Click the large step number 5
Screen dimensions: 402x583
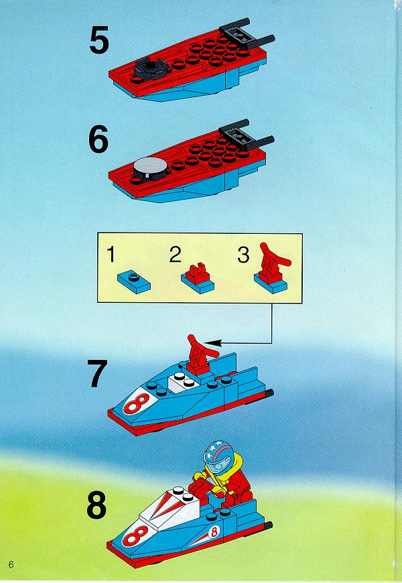click(99, 40)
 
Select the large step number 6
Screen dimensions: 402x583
click(98, 139)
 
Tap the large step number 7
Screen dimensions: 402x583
click(97, 373)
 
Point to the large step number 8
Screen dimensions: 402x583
click(96, 505)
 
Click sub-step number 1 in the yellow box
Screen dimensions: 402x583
click(111, 255)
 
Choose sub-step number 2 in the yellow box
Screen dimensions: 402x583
click(175, 255)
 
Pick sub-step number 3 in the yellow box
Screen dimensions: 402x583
click(243, 255)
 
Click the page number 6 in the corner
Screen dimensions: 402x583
click(11, 564)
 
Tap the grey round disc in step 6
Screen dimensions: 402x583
click(147, 167)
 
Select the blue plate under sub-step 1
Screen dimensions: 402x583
click(134, 282)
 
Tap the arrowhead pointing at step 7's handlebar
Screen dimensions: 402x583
click(211, 343)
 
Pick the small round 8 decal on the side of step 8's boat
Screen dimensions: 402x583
click(214, 532)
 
